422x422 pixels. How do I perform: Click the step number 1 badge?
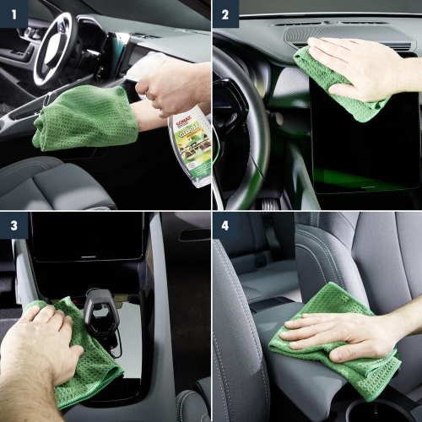pos(14,14)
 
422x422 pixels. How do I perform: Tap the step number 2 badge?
pos(225,14)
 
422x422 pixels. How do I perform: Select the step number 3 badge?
pos(14,226)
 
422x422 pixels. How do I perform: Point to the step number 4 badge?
pos(225,226)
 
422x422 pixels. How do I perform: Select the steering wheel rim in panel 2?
pos(232,118)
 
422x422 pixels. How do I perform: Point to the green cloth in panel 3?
pos(93,363)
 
